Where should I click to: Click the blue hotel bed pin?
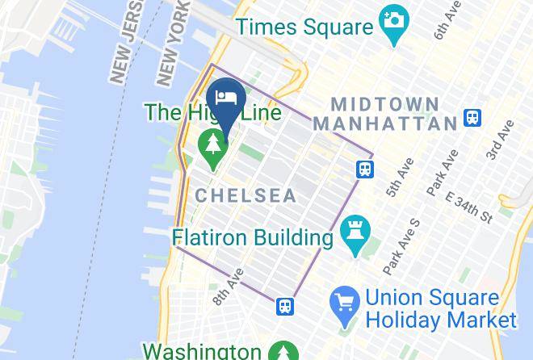click(x=226, y=98)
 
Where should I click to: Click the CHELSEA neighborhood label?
click(x=246, y=196)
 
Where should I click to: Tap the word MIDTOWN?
click(x=385, y=104)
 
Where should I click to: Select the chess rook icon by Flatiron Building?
click(x=353, y=232)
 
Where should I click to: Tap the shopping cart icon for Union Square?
click(x=345, y=302)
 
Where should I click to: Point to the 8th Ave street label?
click(x=229, y=286)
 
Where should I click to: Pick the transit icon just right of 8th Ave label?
click(x=284, y=306)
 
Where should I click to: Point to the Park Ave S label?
click(x=401, y=245)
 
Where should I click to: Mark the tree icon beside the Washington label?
click(x=283, y=352)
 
